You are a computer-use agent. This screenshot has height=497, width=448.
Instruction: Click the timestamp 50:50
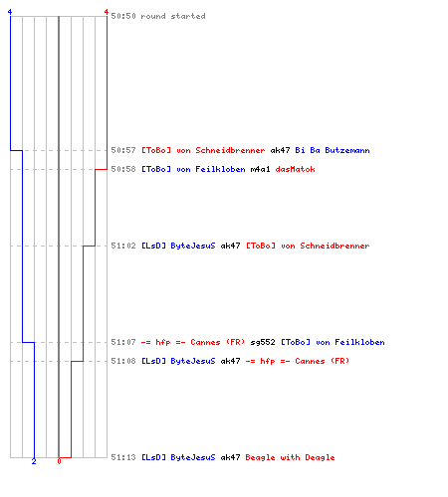click(123, 16)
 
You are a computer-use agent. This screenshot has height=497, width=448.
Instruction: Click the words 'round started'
click(173, 16)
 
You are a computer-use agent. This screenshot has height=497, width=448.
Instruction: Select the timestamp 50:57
click(123, 150)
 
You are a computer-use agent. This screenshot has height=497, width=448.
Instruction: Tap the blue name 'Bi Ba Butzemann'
click(333, 150)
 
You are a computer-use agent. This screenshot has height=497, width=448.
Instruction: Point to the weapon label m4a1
click(260, 169)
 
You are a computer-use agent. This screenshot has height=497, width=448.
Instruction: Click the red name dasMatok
click(295, 169)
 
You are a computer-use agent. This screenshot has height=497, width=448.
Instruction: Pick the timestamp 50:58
click(123, 169)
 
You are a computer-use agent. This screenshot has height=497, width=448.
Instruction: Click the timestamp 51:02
click(123, 246)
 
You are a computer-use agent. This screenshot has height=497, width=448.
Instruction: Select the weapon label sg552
click(263, 342)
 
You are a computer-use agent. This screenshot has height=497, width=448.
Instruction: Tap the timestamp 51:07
click(123, 342)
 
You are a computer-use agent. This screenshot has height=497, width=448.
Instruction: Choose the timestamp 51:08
click(123, 361)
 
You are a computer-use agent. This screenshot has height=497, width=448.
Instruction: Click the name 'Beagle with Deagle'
click(290, 457)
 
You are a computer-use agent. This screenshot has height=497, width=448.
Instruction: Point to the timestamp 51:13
click(123, 457)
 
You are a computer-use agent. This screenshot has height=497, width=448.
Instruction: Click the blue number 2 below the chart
click(34, 461)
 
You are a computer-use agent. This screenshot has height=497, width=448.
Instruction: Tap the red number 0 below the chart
click(59, 461)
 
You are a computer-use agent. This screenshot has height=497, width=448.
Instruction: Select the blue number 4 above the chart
click(10, 12)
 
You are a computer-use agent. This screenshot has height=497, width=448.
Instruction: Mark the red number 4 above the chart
click(107, 12)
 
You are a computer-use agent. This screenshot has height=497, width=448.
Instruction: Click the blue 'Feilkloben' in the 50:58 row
click(220, 169)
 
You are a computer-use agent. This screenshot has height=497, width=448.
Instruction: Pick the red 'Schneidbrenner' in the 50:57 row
click(230, 150)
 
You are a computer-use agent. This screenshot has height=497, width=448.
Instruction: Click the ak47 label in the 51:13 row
click(230, 457)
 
